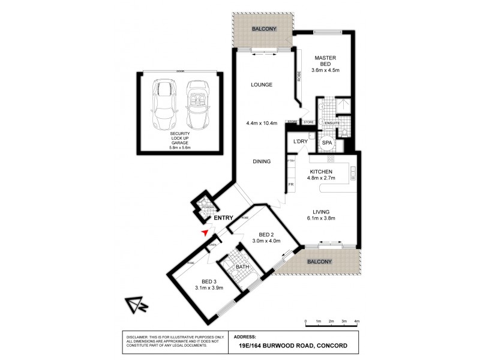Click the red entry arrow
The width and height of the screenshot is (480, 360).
(205, 232)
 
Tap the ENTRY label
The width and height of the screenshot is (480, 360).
(223, 218)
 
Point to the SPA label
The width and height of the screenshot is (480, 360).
(327, 143)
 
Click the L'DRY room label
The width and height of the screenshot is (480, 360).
(300, 142)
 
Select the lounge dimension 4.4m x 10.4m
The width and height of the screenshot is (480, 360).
(262, 124)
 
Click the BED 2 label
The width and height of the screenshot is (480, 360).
(266, 234)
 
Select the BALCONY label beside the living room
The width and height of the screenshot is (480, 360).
(319, 262)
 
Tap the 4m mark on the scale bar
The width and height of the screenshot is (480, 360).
(357, 322)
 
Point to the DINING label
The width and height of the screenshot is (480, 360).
(262, 161)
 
